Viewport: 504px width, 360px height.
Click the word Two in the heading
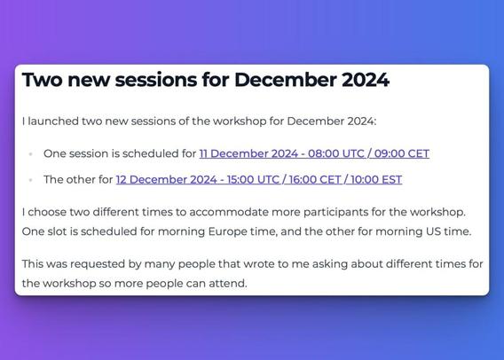(42, 79)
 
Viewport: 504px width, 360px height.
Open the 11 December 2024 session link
(314, 153)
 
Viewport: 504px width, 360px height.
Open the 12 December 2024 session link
(259, 179)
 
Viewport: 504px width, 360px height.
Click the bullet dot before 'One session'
(31, 154)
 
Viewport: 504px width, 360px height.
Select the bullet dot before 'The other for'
(31, 180)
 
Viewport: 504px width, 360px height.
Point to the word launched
(53, 121)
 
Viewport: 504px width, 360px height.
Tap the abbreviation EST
(390, 179)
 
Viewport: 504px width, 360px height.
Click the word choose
(46, 212)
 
